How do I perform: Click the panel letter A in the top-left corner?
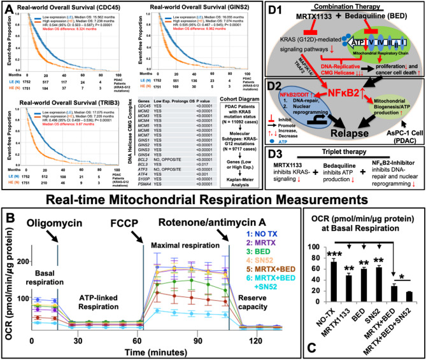point(8,8)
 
